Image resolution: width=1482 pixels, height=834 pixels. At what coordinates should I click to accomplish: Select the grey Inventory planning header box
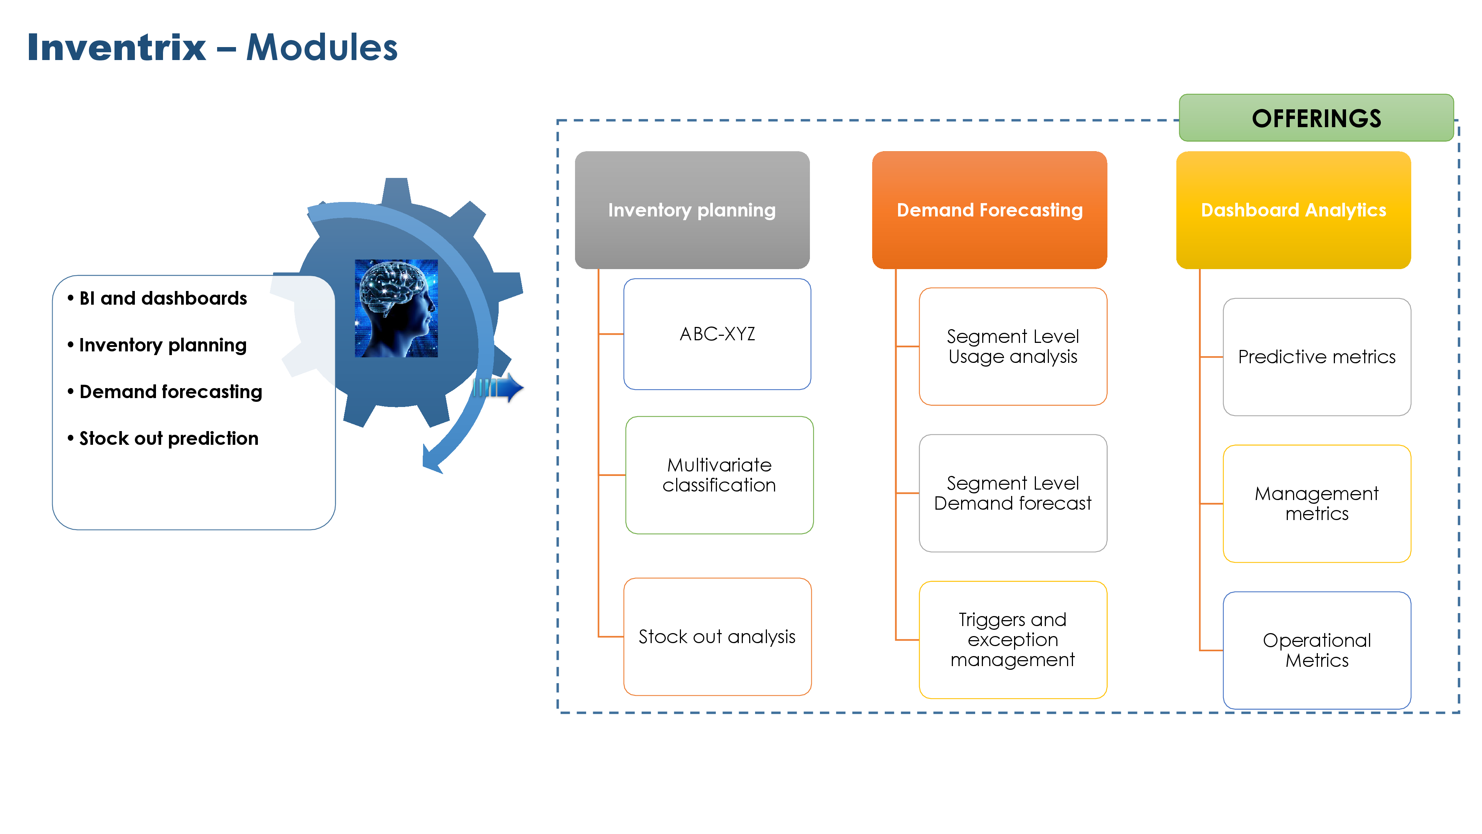click(692, 210)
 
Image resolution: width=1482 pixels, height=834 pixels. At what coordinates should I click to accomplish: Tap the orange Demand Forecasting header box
click(990, 210)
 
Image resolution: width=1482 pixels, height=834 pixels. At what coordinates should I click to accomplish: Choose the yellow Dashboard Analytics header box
click(1293, 210)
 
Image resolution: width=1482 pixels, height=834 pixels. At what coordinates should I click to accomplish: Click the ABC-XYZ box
click(717, 334)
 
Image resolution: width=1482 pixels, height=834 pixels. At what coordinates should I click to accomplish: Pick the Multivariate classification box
click(719, 475)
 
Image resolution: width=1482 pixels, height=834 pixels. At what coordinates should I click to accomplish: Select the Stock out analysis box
click(717, 636)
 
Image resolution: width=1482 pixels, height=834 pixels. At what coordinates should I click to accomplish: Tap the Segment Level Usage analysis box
click(1013, 347)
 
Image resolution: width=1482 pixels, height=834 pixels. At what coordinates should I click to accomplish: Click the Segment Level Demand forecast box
click(1013, 493)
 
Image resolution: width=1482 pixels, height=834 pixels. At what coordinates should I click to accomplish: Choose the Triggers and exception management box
click(1013, 639)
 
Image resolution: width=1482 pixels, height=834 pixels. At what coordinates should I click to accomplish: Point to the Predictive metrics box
click(1316, 357)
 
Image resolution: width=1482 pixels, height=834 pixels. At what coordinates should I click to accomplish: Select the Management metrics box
click(1316, 504)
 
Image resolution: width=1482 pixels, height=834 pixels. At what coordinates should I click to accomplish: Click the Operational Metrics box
click(1316, 651)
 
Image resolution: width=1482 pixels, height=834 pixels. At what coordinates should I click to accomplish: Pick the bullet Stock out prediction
click(169, 438)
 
